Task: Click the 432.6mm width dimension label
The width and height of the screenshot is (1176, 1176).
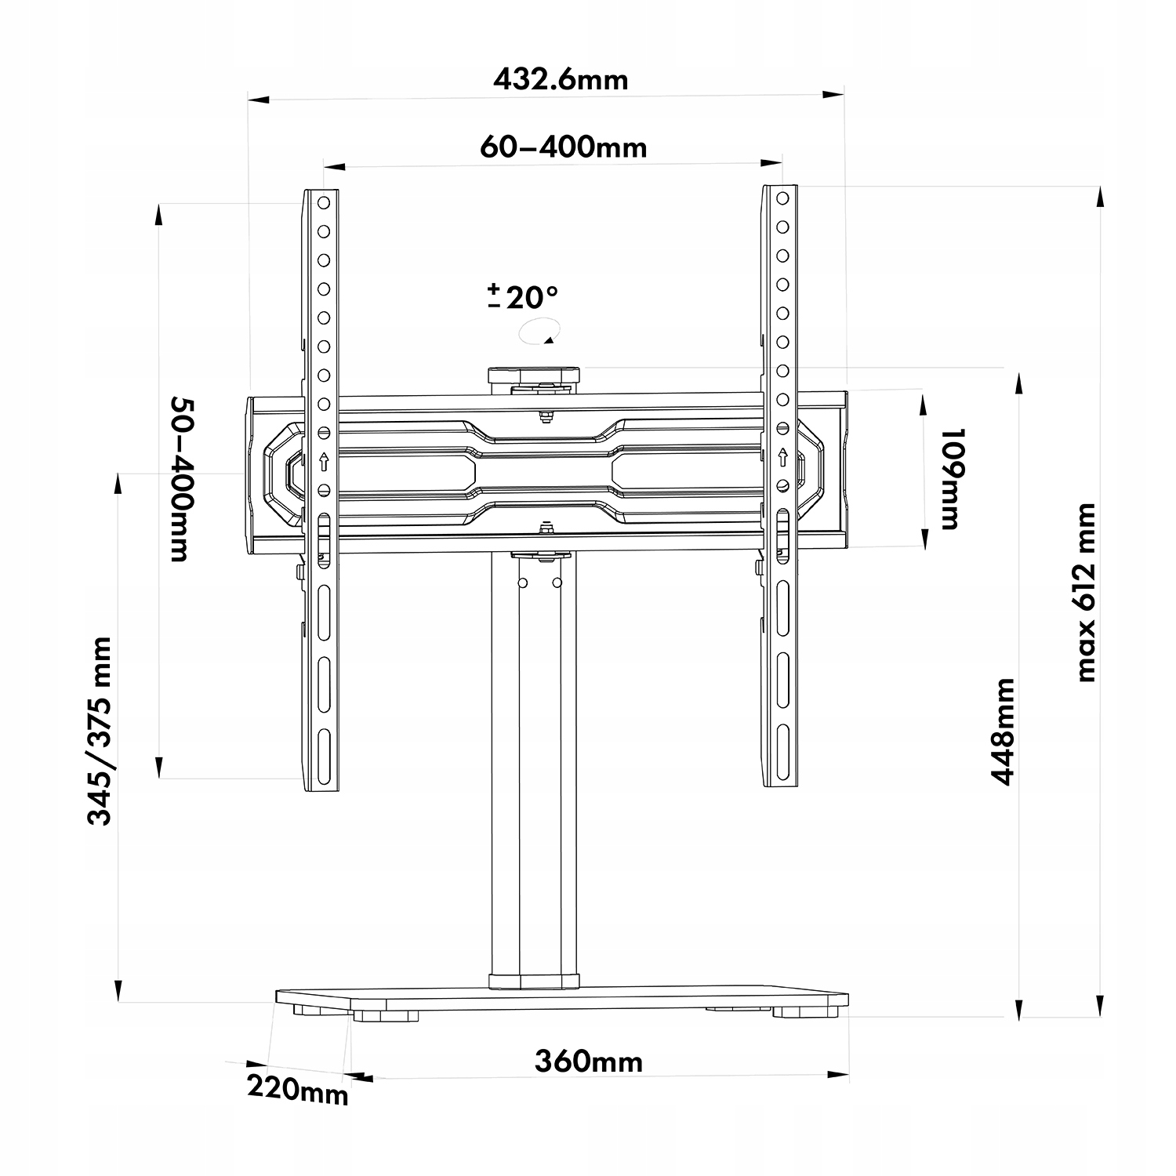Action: pyautogui.click(x=561, y=79)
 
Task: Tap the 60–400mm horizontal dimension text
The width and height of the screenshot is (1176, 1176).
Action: pyautogui.click(x=564, y=147)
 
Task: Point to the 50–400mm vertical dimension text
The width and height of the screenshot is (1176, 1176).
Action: pyautogui.click(x=180, y=479)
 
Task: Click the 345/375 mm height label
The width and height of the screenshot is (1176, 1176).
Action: pyautogui.click(x=100, y=731)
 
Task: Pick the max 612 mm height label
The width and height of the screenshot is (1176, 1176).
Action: pyautogui.click(x=1085, y=593)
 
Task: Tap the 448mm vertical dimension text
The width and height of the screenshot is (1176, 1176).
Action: pyautogui.click(x=1003, y=731)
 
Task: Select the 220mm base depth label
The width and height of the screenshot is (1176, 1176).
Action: pyautogui.click(x=298, y=1088)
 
